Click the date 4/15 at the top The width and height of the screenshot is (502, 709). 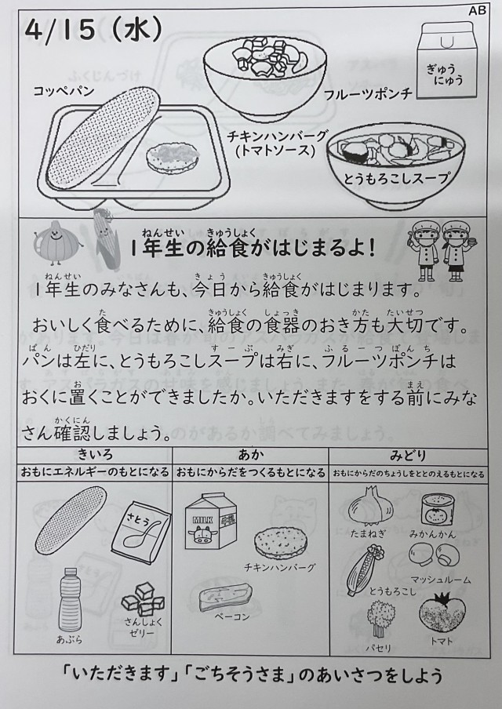coord(60,31)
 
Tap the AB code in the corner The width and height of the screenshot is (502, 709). coord(477,10)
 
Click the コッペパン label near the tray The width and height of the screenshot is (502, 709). coord(64,90)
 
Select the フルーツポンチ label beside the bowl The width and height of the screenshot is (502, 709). coord(369,93)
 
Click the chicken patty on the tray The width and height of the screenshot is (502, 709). coord(173,159)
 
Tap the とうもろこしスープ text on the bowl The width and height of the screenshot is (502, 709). coord(397,178)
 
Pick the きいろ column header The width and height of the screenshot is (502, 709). coord(95,454)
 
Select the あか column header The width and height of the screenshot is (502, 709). coord(251,454)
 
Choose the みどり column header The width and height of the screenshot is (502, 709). coord(409,456)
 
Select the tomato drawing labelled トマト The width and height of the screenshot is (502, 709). coord(442,613)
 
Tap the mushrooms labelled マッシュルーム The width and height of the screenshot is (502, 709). coord(435,554)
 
